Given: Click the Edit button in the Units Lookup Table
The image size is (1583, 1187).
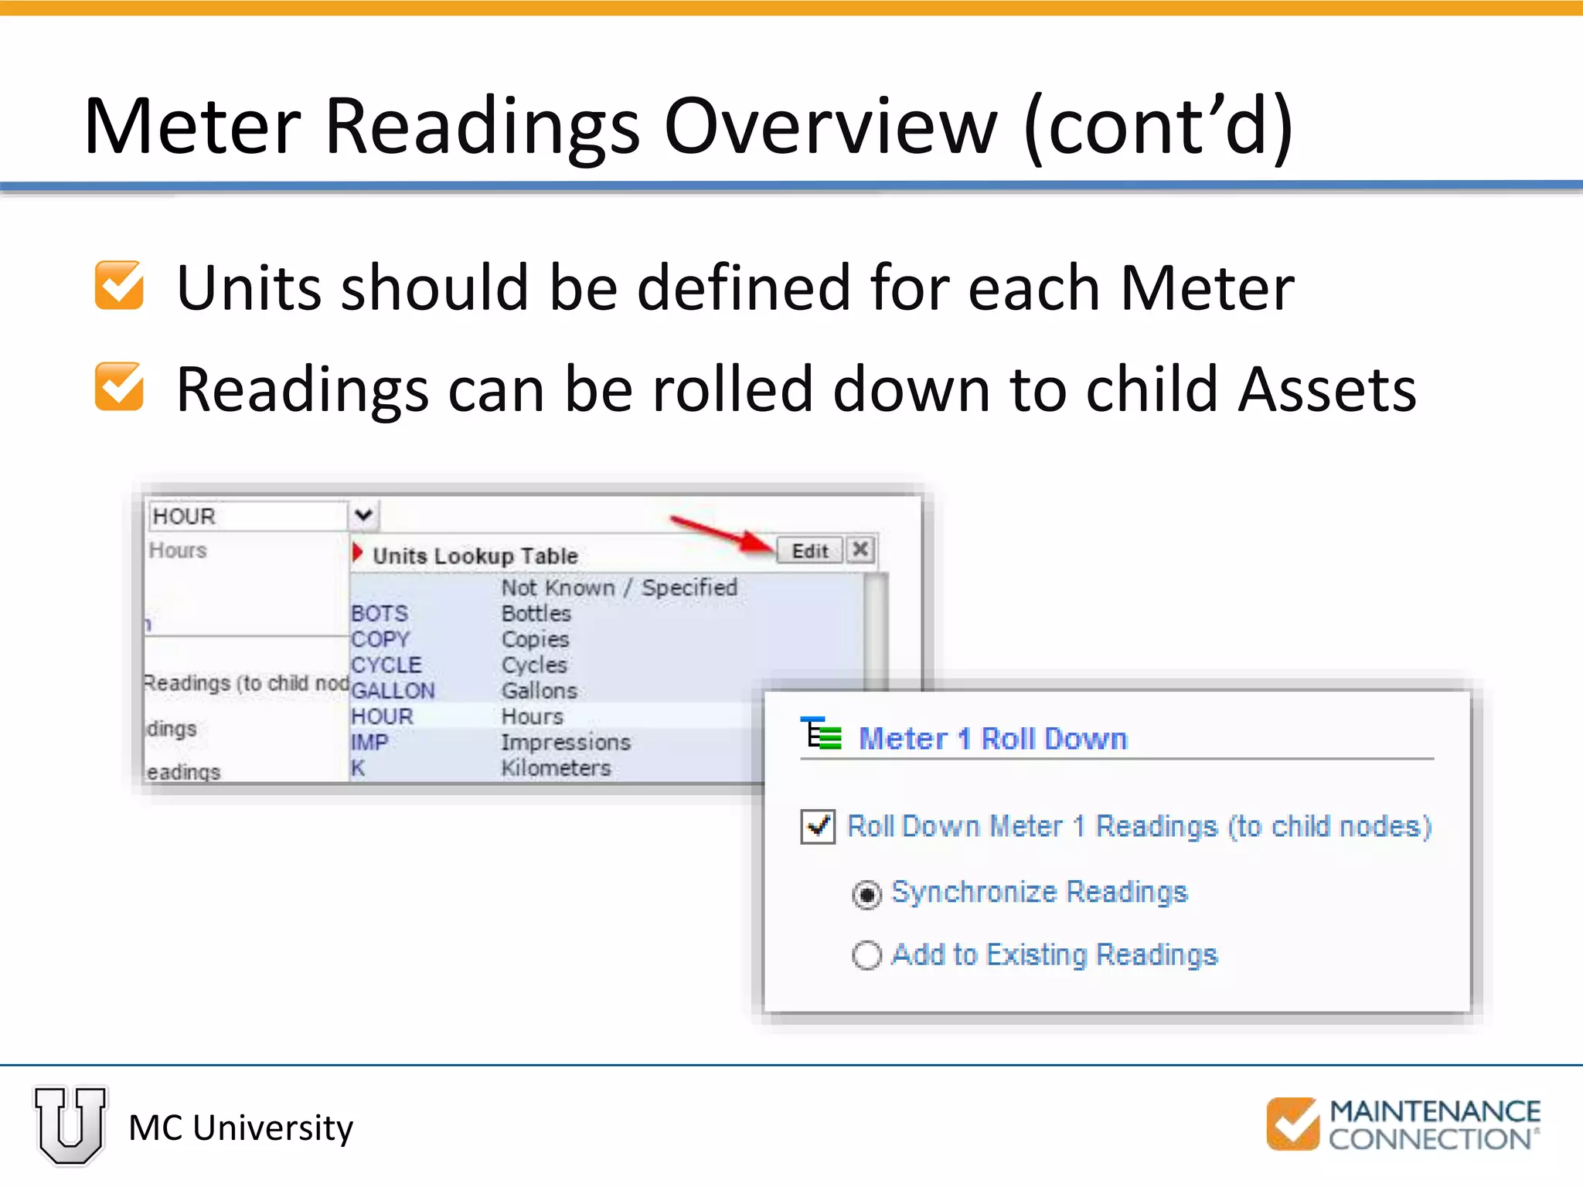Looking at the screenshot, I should coord(809,551).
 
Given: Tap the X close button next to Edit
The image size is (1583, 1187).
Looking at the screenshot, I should coord(860,549).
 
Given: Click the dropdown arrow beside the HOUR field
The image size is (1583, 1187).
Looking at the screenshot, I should coord(363,515).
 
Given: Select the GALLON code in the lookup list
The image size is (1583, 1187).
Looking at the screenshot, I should coord(393,690).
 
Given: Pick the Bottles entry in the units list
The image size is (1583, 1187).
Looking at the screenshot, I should coord(536,614).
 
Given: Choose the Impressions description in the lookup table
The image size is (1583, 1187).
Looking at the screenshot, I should coord(566,742).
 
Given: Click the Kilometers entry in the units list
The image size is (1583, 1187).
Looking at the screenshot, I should coord(556,768).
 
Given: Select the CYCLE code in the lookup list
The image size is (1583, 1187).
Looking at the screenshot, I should coord(386,665).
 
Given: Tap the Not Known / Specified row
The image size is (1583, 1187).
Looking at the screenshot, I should coord(619,587).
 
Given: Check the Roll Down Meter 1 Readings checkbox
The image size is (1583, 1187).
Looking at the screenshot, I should coord(818,826).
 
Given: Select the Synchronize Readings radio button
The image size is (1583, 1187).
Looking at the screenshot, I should coord(866,894).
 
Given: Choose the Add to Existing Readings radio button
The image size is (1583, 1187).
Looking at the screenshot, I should coord(866,955).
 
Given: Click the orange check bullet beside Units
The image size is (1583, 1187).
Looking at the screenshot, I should coord(119,285).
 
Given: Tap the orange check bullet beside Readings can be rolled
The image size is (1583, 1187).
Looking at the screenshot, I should coord(119,386).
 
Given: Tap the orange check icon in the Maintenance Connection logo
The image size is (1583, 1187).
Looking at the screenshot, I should coord(1292,1124).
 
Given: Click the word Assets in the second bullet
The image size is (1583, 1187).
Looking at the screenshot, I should coord(1326,389).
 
